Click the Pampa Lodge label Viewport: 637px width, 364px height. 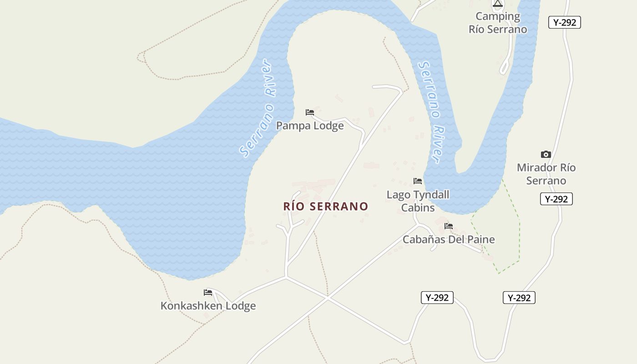[310, 126]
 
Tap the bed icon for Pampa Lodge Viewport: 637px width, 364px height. [310, 112]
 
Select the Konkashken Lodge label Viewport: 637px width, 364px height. [208, 306]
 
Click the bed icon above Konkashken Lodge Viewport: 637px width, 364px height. [208, 292]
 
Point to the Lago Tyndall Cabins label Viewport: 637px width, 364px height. [418, 201]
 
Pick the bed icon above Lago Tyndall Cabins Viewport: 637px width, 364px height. [418, 181]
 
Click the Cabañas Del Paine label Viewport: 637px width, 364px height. [449, 239]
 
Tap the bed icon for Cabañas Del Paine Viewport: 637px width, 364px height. [449, 226]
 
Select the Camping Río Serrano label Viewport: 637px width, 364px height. [498, 23]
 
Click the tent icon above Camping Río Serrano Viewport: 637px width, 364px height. [498, 4]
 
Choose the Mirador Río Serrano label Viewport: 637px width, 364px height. [546, 174]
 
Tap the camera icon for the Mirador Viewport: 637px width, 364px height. [546, 155]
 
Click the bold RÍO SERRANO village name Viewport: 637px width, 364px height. [326, 207]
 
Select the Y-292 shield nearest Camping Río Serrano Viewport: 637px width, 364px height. [565, 22]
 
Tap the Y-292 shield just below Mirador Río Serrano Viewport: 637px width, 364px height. [556, 199]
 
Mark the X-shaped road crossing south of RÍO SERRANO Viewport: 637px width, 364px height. [328, 298]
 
